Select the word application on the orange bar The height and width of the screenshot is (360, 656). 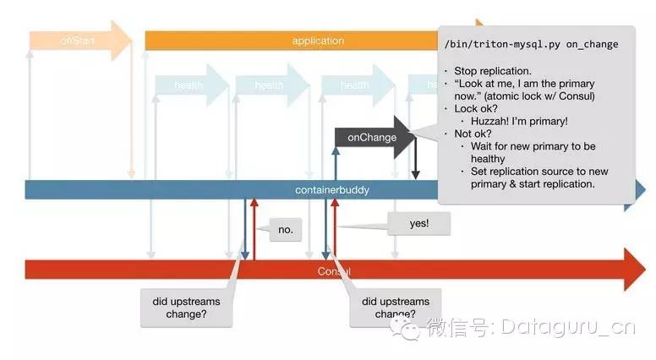(318, 41)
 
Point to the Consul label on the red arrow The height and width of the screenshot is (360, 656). (334, 270)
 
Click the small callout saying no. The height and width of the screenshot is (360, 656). (285, 228)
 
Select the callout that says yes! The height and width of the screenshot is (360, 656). (418, 223)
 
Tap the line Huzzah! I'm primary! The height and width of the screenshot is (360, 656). (521, 121)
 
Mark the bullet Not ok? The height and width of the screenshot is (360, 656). (478, 134)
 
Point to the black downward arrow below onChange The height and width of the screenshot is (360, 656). (415, 161)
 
